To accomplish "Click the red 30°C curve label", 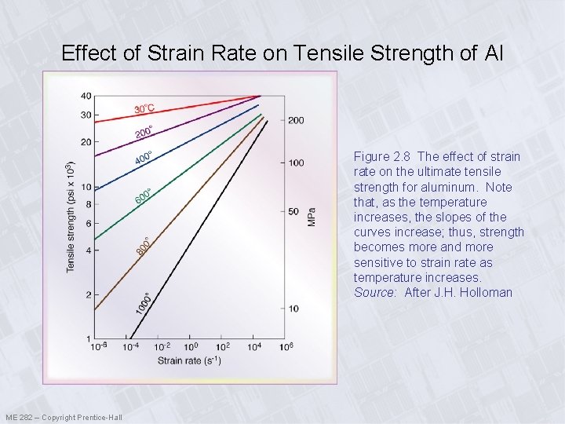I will coord(144,108).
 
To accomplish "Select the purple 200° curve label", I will coord(144,131).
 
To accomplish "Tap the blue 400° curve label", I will coord(144,158).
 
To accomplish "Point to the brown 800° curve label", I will coord(142,245).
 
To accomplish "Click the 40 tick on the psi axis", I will coord(86,97).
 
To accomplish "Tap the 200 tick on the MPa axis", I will coord(296,120).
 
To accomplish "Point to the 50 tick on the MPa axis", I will coord(293,211).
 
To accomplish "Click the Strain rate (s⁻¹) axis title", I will coord(190,360).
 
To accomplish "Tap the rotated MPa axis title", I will coord(312,217).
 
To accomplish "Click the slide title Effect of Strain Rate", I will coord(282,53).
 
